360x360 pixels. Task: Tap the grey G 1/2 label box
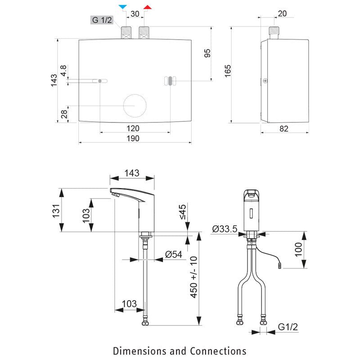[x=102, y=20]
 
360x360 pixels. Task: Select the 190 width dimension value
[x=133, y=139]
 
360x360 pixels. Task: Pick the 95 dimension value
[x=207, y=54]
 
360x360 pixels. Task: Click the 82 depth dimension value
[x=284, y=129]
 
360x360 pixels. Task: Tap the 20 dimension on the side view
[x=282, y=13]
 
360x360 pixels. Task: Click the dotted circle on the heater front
[x=135, y=106]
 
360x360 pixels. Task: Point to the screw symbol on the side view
[x=265, y=81]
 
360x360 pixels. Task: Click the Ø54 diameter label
[x=173, y=255]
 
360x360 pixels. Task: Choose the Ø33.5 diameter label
[x=225, y=229]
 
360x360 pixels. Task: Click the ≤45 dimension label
[x=182, y=212]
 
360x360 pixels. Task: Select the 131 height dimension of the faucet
[x=54, y=210]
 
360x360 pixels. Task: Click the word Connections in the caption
[x=218, y=351]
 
